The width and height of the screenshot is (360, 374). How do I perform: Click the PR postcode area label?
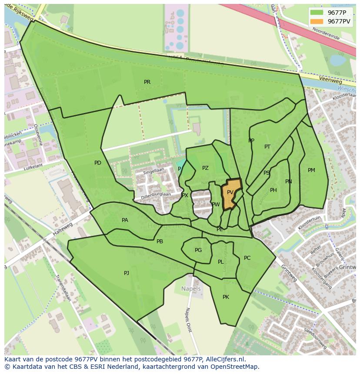pyautogui.click(x=147, y=82)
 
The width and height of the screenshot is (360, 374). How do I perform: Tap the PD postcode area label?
pyautogui.click(x=98, y=163)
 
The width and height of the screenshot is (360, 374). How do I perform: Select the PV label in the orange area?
pyautogui.click(x=230, y=192)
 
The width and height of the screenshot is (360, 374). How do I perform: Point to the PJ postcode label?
pyautogui.click(x=127, y=273)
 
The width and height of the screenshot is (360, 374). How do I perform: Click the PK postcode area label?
pyautogui.click(x=226, y=297)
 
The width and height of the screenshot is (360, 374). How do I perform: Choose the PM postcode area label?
pyautogui.click(x=311, y=170)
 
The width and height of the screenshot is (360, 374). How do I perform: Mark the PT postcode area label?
pyautogui.click(x=267, y=147)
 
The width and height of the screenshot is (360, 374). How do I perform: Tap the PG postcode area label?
pyautogui.click(x=198, y=250)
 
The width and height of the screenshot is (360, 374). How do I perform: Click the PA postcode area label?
pyautogui.click(x=125, y=220)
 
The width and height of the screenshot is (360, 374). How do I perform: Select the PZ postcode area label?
pyautogui.click(x=205, y=168)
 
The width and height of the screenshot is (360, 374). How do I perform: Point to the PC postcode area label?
pyautogui.click(x=247, y=258)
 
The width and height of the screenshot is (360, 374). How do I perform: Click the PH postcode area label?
pyautogui.click(x=273, y=190)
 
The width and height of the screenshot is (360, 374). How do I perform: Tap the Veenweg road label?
pyautogui.click(x=330, y=81)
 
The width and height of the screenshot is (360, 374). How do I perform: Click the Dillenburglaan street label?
pyautogui.click(x=155, y=195)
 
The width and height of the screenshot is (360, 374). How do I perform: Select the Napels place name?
pyautogui.click(x=191, y=289)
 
